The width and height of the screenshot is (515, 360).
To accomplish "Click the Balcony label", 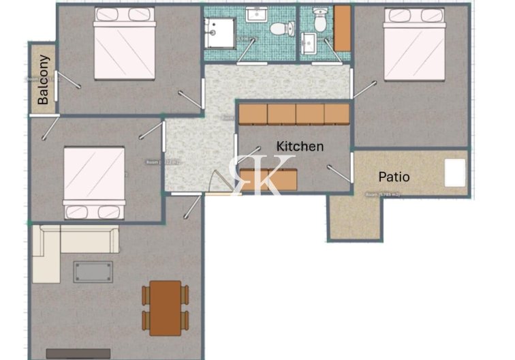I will [x=43, y=80].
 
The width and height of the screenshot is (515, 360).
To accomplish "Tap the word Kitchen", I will [x=300, y=146].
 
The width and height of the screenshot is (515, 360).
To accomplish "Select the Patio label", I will [x=394, y=177].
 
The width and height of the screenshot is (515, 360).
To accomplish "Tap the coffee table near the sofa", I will [x=94, y=271].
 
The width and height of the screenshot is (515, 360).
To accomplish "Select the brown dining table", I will [x=166, y=307].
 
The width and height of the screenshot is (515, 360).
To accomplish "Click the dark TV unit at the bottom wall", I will [x=78, y=354].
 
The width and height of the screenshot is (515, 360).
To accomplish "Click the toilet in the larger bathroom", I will [x=280, y=29].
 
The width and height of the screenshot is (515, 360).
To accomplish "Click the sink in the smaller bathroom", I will [x=309, y=44].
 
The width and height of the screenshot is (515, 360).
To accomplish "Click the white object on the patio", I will [x=455, y=172].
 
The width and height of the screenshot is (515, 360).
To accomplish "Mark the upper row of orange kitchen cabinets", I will [x=294, y=114].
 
